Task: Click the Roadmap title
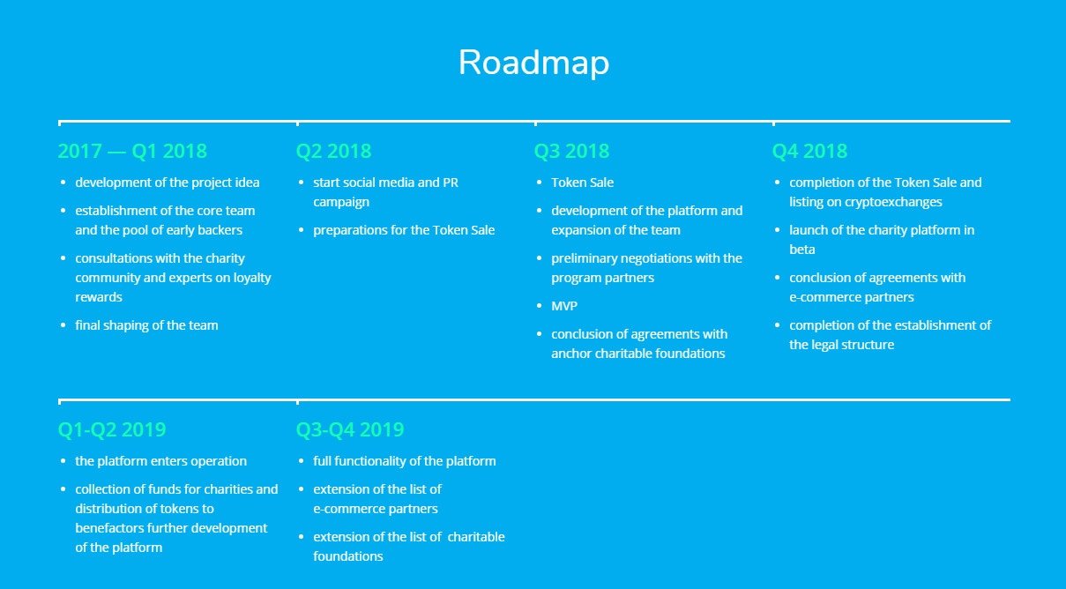tap(533, 63)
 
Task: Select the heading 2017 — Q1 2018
tap(132, 152)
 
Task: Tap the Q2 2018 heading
tap(333, 152)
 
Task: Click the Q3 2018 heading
tap(571, 152)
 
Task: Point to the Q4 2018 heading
tap(809, 152)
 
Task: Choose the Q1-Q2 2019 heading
tap(112, 429)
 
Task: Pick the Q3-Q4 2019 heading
tap(350, 429)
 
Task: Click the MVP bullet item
tap(564, 306)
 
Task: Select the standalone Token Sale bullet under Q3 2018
tap(583, 183)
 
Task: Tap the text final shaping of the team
tap(146, 325)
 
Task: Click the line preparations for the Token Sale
tap(404, 230)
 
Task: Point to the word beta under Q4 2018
tap(802, 250)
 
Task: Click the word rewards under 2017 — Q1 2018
tap(99, 297)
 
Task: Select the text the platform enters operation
tap(160, 461)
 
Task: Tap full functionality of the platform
tap(405, 461)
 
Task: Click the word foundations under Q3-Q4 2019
tap(348, 556)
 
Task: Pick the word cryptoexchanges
tap(893, 202)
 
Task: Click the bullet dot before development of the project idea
tap(63, 183)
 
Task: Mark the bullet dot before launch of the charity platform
tap(777, 230)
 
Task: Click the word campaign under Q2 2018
tap(341, 202)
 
